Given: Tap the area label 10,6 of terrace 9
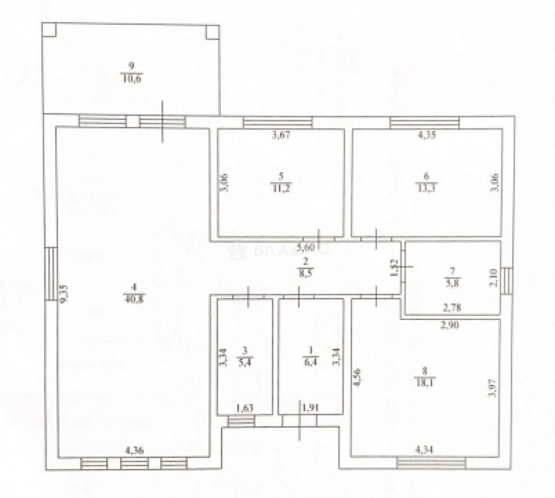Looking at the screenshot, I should [131, 78].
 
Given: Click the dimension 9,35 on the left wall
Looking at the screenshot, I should [65, 294].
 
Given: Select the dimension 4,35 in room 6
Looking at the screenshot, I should [427, 136].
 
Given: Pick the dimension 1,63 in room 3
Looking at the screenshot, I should [245, 407].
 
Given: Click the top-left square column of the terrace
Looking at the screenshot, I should [49, 30].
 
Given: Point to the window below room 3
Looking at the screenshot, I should [241, 421].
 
